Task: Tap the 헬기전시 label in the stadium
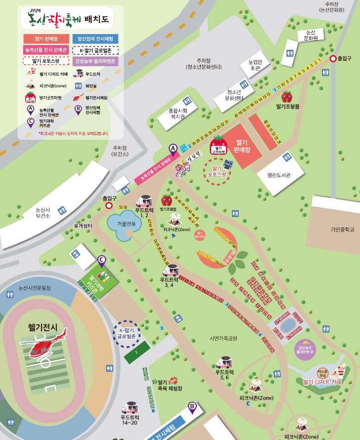pos(43,327)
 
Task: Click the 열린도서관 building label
pos(279,175)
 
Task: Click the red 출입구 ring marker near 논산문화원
pos(333,58)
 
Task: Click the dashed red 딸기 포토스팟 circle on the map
pos(217,171)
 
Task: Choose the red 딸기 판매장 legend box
pos(46,39)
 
